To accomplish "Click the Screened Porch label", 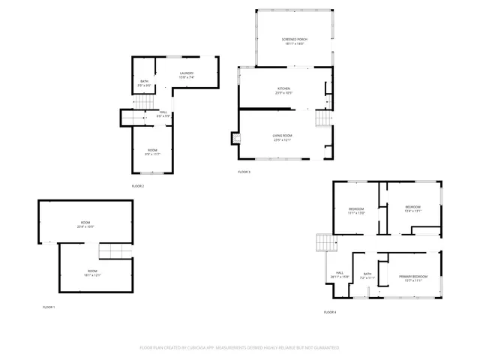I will point(293,41).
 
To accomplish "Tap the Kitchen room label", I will point(283,90).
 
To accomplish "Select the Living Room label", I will point(282,136).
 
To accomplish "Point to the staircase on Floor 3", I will point(322,119).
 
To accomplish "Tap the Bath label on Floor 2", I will point(145,83).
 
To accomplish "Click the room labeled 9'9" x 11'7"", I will point(152,152).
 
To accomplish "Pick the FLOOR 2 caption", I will point(138,186).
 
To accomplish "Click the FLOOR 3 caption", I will point(244,172).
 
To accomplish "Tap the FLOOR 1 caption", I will point(49,307).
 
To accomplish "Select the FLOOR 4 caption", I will point(330,311).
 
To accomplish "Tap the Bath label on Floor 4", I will point(367,276).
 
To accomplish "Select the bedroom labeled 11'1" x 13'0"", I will point(356,211).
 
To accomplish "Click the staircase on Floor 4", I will point(324,242).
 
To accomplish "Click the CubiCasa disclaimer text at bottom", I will point(239,348).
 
